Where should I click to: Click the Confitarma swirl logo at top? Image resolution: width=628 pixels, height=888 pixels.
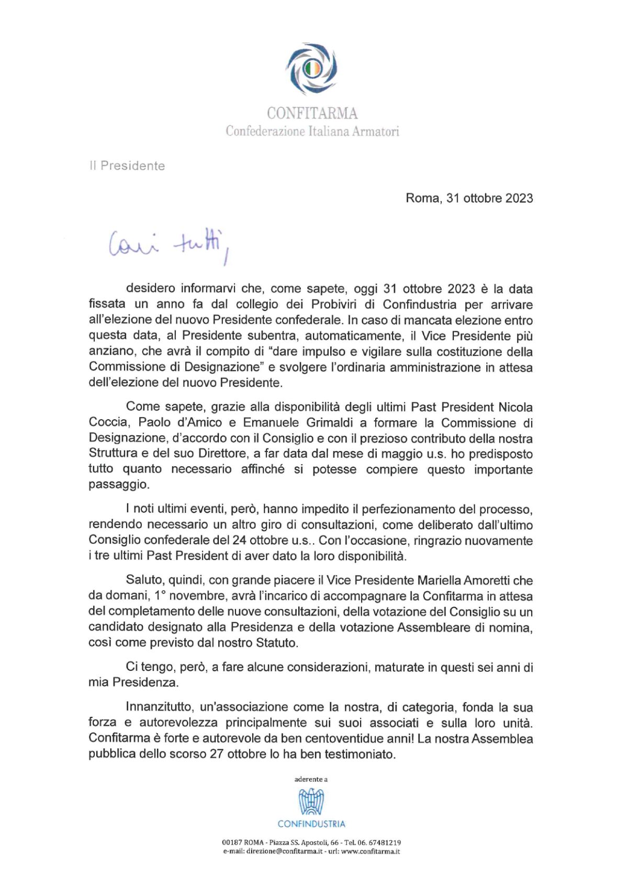(x=311, y=69)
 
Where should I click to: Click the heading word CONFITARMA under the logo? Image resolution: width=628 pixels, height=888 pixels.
(x=312, y=113)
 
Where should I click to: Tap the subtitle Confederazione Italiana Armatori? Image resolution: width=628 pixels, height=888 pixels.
(x=312, y=131)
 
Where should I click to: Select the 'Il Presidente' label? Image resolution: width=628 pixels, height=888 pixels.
(x=127, y=166)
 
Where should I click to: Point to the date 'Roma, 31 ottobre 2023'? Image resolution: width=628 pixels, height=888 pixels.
(x=469, y=198)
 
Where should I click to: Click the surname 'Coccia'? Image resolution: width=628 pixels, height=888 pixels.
(x=108, y=422)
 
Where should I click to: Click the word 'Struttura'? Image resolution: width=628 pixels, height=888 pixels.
(x=114, y=454)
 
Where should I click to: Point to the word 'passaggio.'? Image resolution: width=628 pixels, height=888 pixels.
(x=119, y=485)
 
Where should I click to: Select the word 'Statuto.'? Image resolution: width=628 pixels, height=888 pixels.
(x=277, y=643)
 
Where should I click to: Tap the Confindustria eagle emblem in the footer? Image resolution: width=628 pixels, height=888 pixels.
(x=311, y=802)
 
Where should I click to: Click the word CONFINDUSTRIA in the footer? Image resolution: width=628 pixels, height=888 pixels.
(x=311, y=824)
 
